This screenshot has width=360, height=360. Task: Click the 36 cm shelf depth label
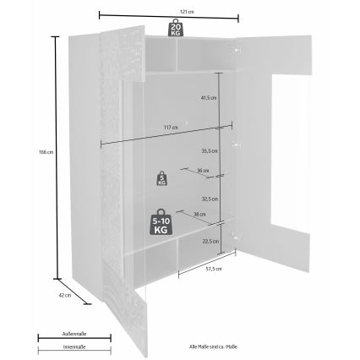pos(201,171)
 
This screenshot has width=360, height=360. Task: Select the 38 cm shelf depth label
pos(197,214)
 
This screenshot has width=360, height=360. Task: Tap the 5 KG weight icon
pos(161,179)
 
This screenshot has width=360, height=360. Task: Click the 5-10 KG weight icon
pos(159,221)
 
